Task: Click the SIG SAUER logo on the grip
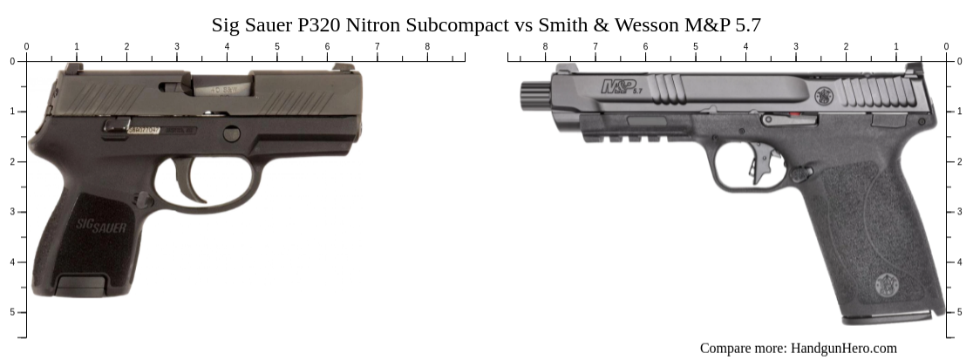(101, 227)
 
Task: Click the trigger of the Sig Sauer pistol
(190, 178)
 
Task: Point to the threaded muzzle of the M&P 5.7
(533, 94)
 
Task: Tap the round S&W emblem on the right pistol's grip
(888, 283)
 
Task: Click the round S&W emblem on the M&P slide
(826, 95)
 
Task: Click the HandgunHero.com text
(843, 348)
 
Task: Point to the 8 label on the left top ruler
(427, 46)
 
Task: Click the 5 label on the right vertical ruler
(960, 312)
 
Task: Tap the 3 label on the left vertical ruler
(11, 212)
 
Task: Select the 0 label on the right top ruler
(946, 46)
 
